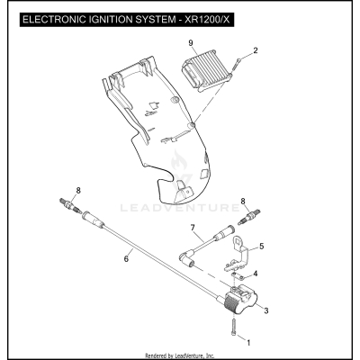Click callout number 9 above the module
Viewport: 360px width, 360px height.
pos(191,43)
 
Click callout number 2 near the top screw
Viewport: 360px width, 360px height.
pos(255,50)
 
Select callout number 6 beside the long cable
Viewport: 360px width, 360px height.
pos(127,258)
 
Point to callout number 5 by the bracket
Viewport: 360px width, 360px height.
pos(262,246)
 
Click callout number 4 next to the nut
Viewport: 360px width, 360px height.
pos(256,274)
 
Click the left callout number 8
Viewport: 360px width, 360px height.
pos(78,190)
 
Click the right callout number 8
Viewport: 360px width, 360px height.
pos(243,202)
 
